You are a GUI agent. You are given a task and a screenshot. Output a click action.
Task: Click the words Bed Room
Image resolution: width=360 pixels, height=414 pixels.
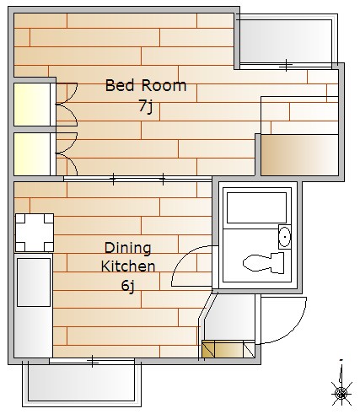tap(146, 85)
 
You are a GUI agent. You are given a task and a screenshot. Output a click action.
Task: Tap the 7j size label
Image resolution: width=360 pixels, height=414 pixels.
tap(146, 106)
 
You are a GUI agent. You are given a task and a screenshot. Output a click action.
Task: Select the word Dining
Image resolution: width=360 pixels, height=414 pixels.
tap(128, 248)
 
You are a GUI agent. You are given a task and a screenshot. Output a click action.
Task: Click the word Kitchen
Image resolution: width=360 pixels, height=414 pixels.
tap(128, 266)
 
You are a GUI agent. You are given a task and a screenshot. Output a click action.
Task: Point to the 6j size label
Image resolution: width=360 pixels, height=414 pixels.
tap(128, 286)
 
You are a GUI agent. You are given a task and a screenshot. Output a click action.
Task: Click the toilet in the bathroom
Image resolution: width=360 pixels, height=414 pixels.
tap(263, 263)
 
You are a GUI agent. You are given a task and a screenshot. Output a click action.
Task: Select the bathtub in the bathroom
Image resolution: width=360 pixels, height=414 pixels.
tap(256, 207)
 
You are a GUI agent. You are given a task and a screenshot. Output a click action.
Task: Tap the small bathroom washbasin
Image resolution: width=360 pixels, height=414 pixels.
tap(284, 237)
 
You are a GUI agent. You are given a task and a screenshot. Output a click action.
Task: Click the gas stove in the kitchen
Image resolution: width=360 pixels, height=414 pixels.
tap(35, 233)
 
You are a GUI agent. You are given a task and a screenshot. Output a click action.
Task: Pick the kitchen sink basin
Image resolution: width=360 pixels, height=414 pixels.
tap(34, 282)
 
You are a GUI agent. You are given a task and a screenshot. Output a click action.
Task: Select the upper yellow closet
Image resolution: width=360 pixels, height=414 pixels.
tap(32, 105)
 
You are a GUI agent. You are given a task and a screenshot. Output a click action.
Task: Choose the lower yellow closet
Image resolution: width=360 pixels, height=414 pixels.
tap(32, 153)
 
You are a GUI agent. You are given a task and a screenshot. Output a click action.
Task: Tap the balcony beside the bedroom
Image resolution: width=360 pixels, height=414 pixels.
tap(286, 41)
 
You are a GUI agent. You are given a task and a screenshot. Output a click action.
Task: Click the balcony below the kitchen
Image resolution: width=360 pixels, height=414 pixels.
tap(82, 384)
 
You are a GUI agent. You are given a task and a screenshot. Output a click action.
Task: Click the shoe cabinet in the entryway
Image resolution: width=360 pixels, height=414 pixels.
tap(228, 349)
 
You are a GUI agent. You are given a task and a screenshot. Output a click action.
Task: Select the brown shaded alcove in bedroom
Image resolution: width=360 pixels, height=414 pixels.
tap(299, 155)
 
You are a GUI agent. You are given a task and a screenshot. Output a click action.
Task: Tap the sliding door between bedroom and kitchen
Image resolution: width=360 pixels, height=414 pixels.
tap(137, 179)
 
